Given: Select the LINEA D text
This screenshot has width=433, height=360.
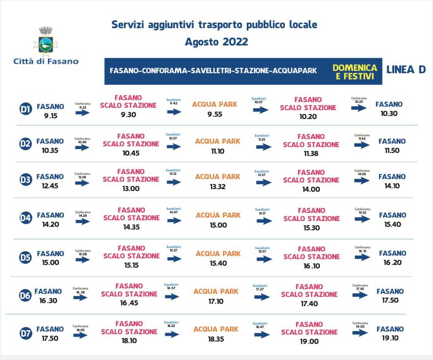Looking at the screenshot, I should coord(406,70).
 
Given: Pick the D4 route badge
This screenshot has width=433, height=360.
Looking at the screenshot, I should coord(25,219).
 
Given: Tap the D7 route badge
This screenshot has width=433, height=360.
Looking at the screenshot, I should coord(25,334).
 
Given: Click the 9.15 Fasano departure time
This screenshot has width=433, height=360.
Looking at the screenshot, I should coord(50,116).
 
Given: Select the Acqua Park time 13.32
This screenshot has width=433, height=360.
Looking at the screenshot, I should coord(218,187).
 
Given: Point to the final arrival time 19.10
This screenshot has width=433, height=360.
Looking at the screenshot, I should coord(390,338).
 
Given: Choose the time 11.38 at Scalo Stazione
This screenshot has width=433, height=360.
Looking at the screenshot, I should coord(311,154).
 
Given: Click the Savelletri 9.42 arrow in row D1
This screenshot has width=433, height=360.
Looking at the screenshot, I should coord(174,112).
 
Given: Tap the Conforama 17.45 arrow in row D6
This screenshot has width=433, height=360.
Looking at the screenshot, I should coord(360,295).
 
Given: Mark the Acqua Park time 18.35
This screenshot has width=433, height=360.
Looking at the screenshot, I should coord(216,339).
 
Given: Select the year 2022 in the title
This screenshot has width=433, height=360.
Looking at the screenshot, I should coord(235,42).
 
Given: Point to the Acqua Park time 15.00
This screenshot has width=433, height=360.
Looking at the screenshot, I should coord(218,225).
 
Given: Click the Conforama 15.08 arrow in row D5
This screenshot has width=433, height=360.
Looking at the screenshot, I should coord(83,260).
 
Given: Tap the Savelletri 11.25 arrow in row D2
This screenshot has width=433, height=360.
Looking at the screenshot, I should coord(264,147).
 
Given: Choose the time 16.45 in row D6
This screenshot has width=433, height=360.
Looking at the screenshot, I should coord(129,303).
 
